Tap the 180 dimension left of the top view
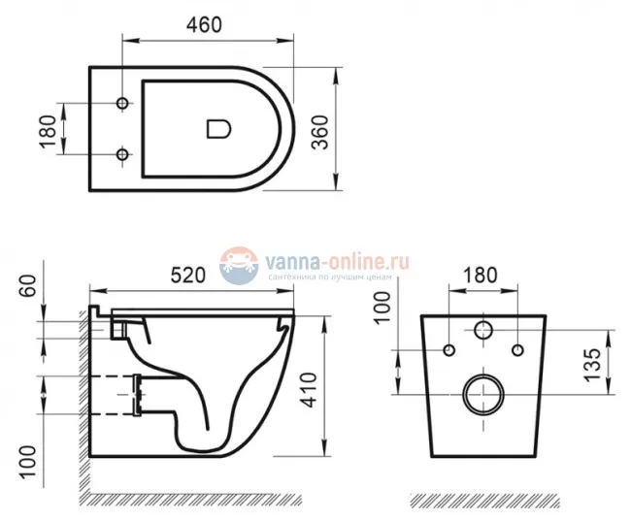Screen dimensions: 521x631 pos(45,129)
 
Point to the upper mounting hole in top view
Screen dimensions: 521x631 pos(122,104)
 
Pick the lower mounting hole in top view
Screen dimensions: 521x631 pos(122,154)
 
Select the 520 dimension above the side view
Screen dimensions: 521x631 pos(188,275)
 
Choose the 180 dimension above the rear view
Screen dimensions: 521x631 pos(482,275)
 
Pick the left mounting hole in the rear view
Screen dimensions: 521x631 pos(448,349)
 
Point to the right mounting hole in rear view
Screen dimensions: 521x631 pos(517,349)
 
